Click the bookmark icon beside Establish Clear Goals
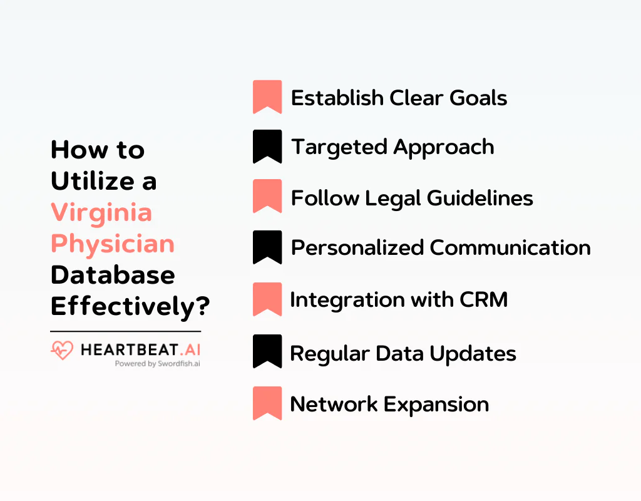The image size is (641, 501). click(x=267, y=96)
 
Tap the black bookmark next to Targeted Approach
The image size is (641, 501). click(x=267, y=147)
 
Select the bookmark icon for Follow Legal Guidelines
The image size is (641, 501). click(x=267, y=196)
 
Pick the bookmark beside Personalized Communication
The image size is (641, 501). click(x=267, y=247)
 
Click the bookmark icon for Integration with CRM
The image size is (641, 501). click(x=267, y=299)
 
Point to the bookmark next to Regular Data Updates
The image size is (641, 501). click(x=267, y=351)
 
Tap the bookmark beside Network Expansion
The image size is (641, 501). click(x=267, y=403)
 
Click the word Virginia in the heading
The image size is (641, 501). click(x=101, y=213)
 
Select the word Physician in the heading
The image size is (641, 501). click(x=113, y=244)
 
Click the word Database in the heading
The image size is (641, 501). click(x=113, y=275)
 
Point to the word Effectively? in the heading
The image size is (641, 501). click(x=130, y=307)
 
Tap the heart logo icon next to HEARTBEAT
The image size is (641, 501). click(x=62, y=350)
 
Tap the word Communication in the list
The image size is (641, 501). click(x=510, y=247)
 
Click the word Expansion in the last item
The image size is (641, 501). click(x=436, y=404)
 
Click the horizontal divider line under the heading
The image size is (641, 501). click(x=125, y=331)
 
